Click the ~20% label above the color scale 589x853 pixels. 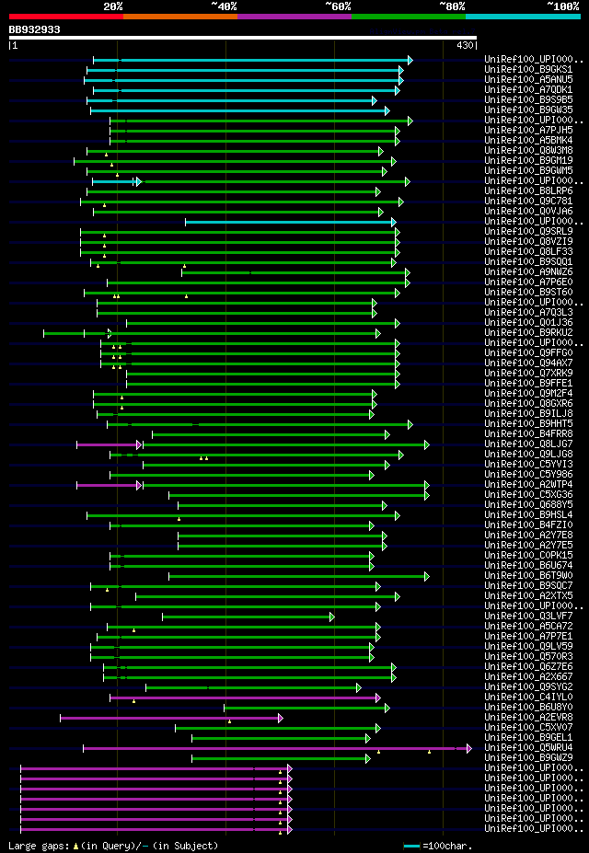[113, 6]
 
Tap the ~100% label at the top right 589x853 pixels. [563, 6]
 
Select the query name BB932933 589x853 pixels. [34, 29]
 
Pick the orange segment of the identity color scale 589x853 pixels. [179, 16]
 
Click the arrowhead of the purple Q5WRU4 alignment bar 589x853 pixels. [468, 748]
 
